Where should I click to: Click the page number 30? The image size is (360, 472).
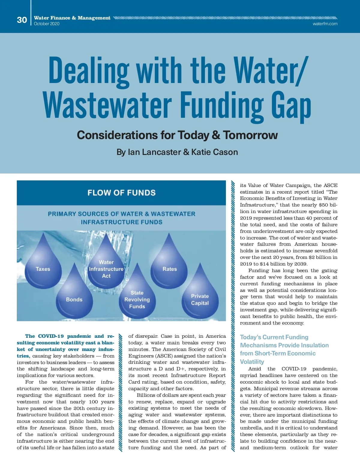[x=22, y=20]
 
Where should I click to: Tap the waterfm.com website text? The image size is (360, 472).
[x=325, y=24]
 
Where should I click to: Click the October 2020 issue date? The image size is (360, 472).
[x=46, y=24]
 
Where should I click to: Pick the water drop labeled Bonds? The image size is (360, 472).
[x=74, y=297]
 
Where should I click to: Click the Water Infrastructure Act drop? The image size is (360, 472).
[x=106, y=267]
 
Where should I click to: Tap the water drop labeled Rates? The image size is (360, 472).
[x=169, y=265]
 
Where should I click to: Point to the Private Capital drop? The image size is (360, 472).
[x=200, y=298]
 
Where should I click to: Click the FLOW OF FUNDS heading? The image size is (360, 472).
[x=121, y=193]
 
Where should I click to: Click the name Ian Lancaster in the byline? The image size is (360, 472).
[x=149, y=152]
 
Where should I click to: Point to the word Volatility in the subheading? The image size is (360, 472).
[x=252, y=362]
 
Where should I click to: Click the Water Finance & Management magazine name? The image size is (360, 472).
[x=72, y=18]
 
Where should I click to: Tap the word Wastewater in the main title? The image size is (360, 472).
[x=107, y=105]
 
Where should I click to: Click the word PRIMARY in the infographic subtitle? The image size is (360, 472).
[x=62, y=214]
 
